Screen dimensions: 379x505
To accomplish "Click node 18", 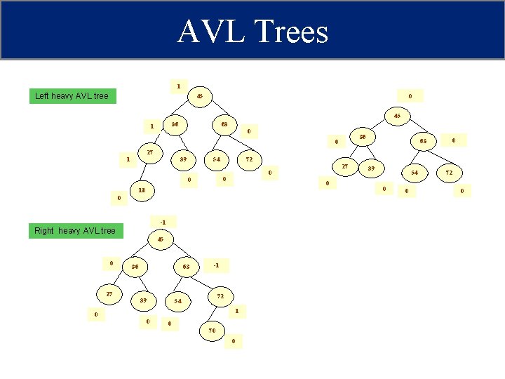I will pyautogui.click(x=142, y=190).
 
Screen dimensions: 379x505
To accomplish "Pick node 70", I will pyautogui.click(x=212, y=329).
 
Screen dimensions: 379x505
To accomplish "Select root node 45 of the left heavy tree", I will pyautogui.click(x=200, y=96).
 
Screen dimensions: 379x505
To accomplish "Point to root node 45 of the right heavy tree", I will pyautogui.click(x=161, y=239).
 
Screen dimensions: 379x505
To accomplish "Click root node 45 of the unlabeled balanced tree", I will pyautogui.click(x=397, y=115).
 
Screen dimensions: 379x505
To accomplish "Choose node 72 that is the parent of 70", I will pyautogui.click(x=220, y=295).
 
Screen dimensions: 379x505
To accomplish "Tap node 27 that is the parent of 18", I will pyautogui.click(x=150, y=153).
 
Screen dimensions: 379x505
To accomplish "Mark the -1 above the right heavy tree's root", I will pyautogui.click(x=163, y=222).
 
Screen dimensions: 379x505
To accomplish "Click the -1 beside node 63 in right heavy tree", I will pyautogui.click(x=217, y=265).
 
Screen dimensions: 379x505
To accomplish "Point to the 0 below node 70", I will pyautogui.click(x=234, y=342).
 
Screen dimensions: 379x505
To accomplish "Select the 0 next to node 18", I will pyautogui.click(x=119, y=199).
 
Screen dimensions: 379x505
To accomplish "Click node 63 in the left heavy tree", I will pyautogui.click(x=224, y=124).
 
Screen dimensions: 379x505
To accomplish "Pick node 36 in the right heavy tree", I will pyautogui.click(x=135, y=267).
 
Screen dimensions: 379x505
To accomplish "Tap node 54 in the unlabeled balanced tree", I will pyautogui.click(x=415, y=172).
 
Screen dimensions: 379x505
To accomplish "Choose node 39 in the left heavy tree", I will pyautogui.click(x=182, y=159).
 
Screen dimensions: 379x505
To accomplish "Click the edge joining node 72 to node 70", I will pyautogui.click(x=216, y=313).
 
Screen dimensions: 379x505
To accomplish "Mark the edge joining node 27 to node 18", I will pyautogui.click(x=146, y=172).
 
